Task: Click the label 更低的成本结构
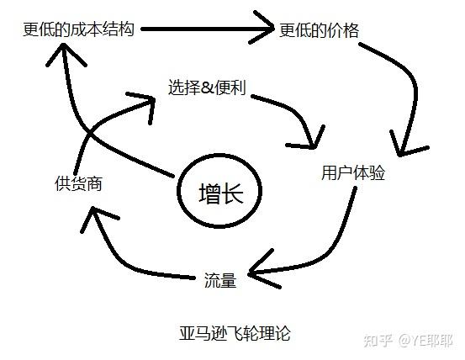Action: coord(78,29)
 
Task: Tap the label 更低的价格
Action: coord(319,30)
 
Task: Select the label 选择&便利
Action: coord(207,87)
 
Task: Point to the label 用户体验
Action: coord(353,172)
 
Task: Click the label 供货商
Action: coord(78,183)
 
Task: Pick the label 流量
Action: coord(220,280)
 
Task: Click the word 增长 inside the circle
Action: coord(221,193)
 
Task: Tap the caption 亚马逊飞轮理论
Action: coord(235,333)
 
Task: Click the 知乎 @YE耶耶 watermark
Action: coord(408,341)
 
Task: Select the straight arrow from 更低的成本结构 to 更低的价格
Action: coord(208,29)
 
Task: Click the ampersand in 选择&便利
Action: coord(208,87)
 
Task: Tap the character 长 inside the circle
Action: coord(233,193)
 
